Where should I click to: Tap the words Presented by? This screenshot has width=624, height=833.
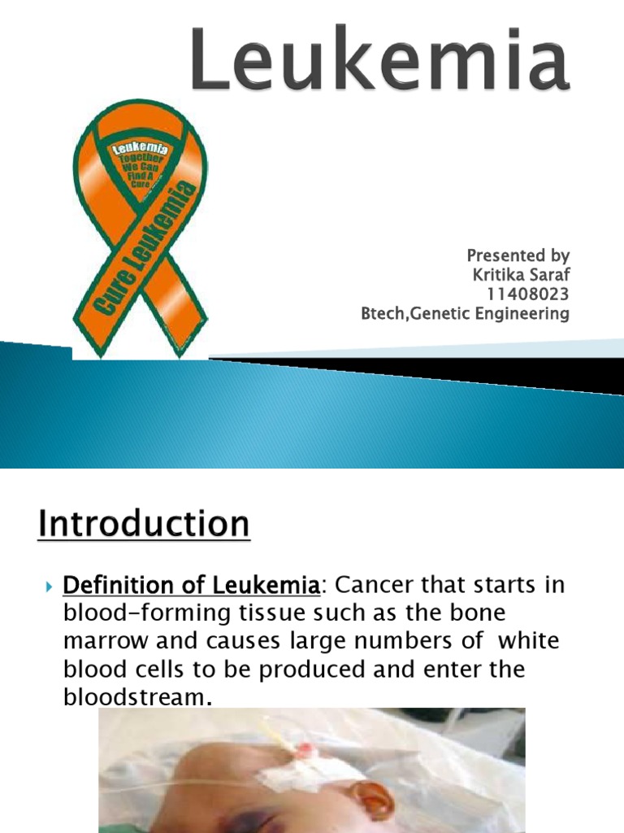pyautogui.click(x=517, y=256)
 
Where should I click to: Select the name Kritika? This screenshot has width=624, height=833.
pyautogui.click(x=500, y=276)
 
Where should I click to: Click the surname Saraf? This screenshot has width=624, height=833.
pyautogui.click(x=552, y=276)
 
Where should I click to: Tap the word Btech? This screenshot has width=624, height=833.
pyautogui.click(x=383, y=314)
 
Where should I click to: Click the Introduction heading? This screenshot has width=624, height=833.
pyautogui.click(x=144, y=524)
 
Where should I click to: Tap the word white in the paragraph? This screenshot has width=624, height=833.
pyautogui.click(x=528, y=642)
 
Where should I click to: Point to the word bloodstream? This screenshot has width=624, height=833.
pyautogui.click(x=134, y=697)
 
